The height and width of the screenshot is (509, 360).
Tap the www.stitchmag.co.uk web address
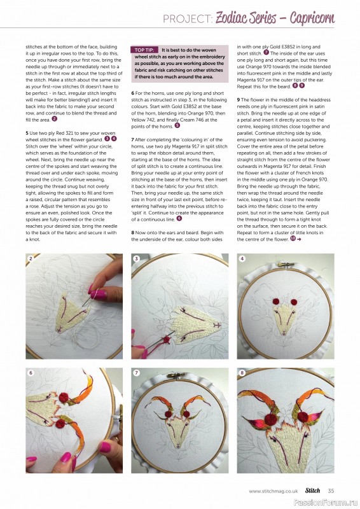273,491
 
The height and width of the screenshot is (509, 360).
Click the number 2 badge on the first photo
31,259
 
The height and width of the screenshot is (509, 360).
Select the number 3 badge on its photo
136,259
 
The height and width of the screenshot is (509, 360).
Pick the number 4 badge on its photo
242,259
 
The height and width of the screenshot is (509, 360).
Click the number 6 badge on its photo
31,372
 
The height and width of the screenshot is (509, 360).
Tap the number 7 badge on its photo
136,372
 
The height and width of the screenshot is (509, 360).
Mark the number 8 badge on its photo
242,372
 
